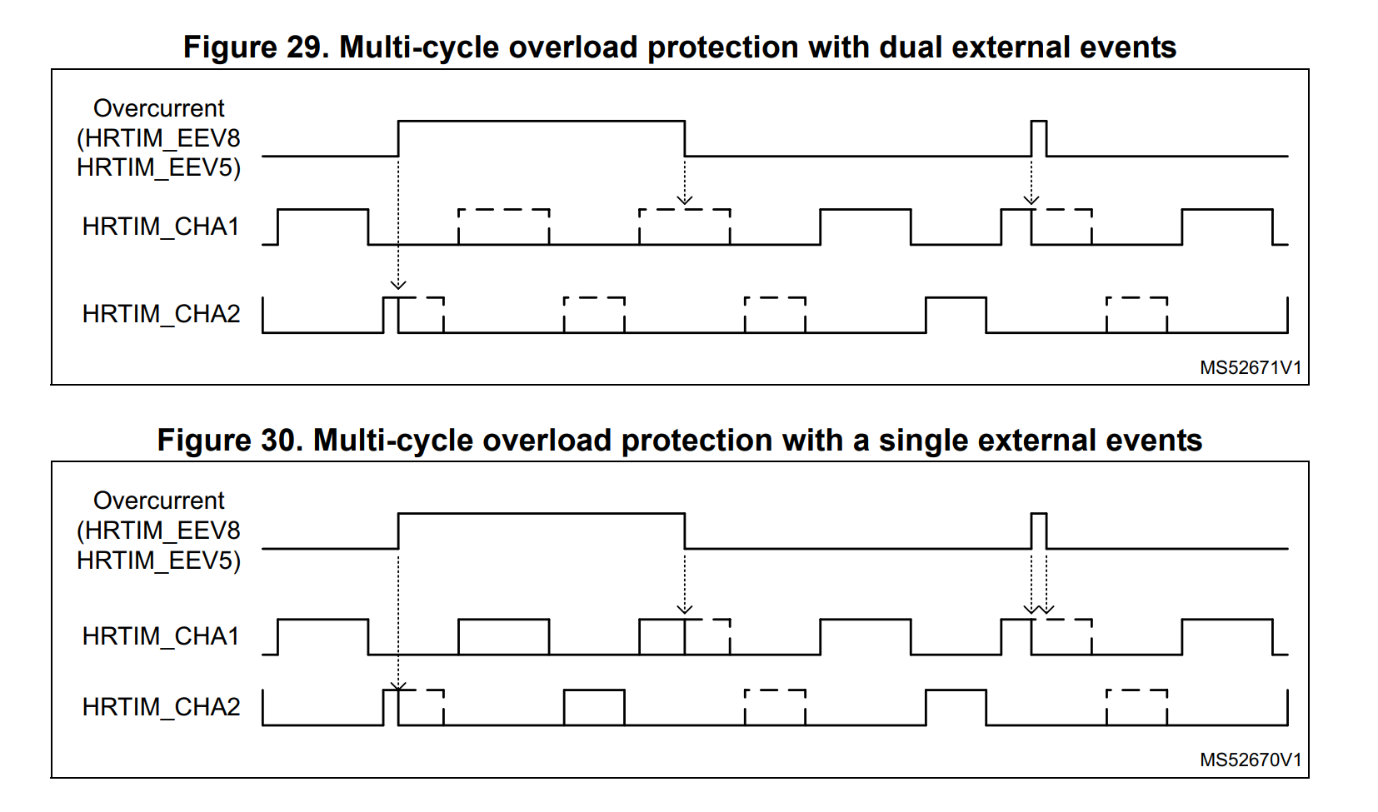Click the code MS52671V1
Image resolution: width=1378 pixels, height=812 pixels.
coord(1250,367)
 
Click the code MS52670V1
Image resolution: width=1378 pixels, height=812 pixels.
coord(1250,760)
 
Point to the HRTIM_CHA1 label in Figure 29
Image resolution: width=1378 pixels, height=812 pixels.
coord(161,227)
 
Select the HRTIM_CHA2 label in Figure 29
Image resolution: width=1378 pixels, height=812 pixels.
coord(161,314)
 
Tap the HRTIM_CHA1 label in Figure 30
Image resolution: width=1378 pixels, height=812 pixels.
coord(161,636)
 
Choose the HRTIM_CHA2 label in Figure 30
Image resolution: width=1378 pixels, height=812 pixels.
coord(161,707)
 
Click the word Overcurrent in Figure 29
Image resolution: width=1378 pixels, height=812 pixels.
coord(159,108)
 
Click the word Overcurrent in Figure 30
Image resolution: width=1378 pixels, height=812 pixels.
coord(159,501)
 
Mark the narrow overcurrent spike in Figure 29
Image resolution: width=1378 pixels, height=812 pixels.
coord(1039,137)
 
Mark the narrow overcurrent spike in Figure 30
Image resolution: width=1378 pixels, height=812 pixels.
coord(1039,531)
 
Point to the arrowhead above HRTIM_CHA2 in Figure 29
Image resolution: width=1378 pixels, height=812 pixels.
coord(398,285)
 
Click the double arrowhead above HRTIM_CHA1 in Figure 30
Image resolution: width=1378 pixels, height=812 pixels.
coord(1039,609)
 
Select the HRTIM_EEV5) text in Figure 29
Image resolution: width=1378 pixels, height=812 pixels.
coord(159,167)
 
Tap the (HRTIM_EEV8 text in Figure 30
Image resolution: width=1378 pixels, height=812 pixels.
coord(159,531)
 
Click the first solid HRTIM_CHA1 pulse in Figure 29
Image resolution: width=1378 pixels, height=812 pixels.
coord(322,227)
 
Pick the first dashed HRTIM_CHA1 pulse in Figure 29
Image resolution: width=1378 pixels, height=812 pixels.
coord(503,227)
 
